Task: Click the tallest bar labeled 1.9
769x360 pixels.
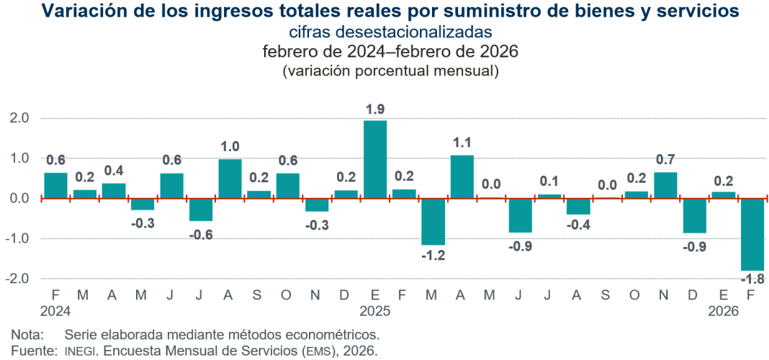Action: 375,159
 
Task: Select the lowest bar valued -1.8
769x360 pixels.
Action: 752,235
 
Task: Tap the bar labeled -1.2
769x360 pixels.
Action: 433,222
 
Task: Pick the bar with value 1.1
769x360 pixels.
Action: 462,176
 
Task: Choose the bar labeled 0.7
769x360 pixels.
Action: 665,185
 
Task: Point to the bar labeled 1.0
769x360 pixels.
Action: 230,179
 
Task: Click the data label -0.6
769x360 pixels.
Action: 201,235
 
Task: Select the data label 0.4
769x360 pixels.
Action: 114,171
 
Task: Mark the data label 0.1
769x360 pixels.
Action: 549,181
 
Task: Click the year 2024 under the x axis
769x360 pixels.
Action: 55,311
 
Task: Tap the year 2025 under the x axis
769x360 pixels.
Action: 375,311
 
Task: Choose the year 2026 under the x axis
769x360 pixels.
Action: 724,311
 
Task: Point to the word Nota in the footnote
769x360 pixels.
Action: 27,335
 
